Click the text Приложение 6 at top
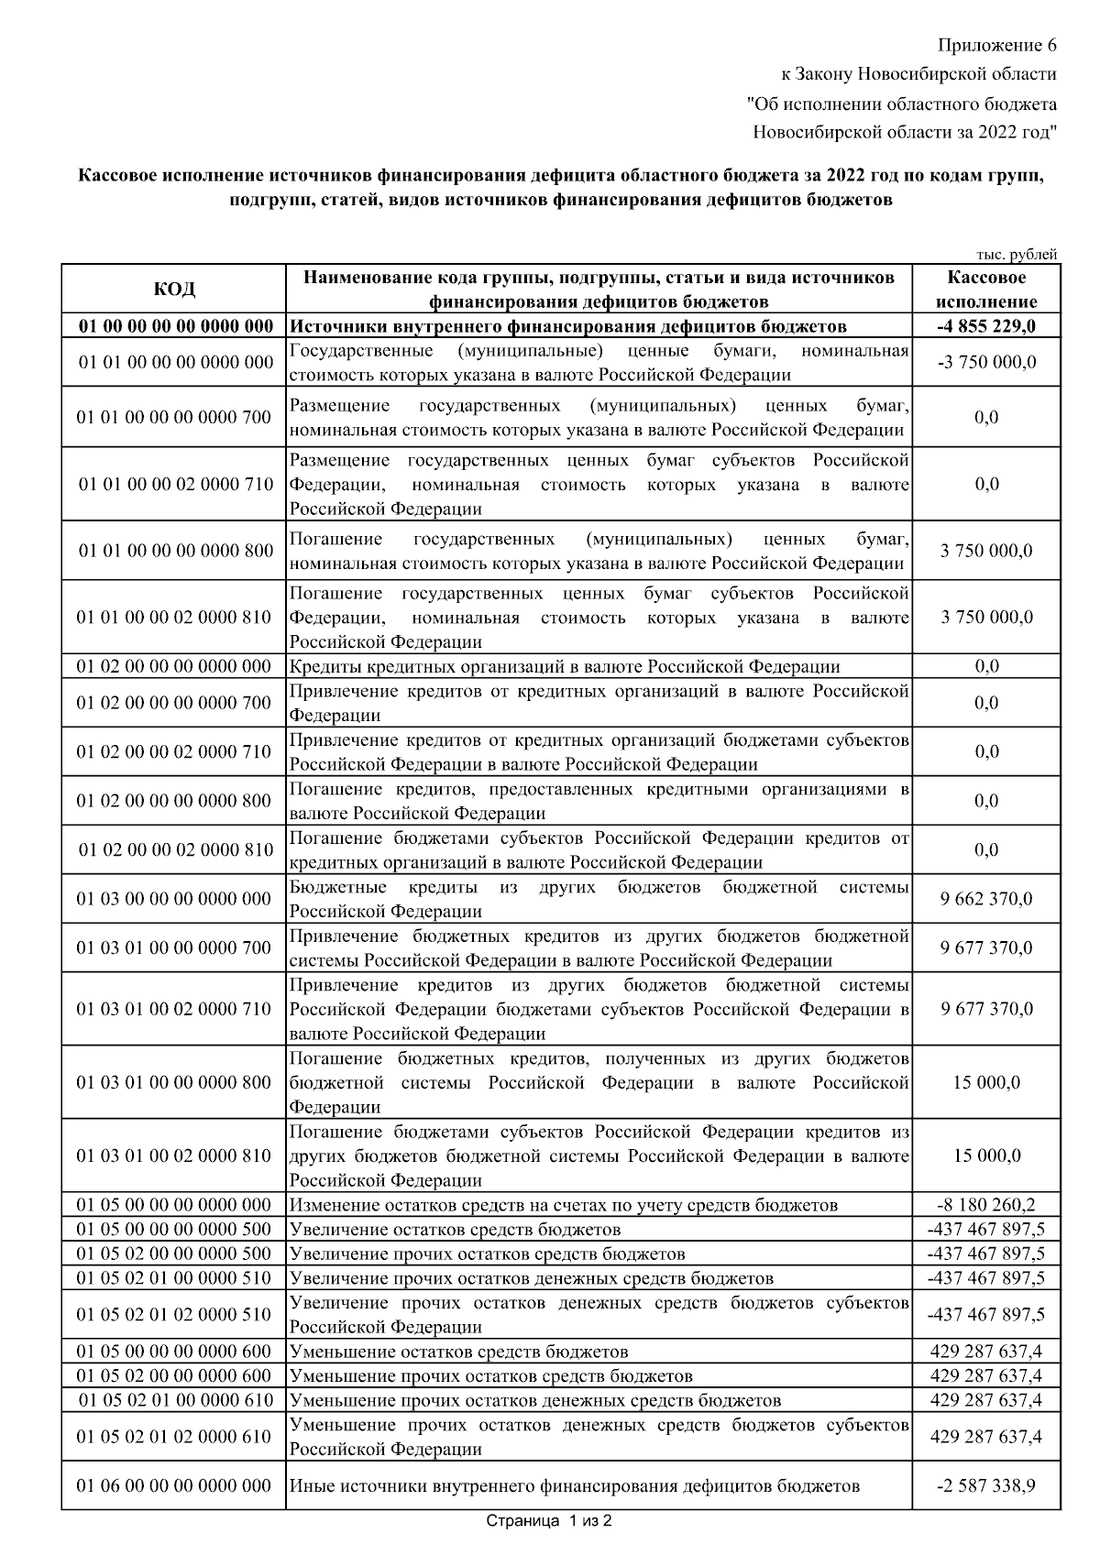point(996,45)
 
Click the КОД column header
point(174,289)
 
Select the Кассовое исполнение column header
point(985,289)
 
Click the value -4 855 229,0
point(985,326)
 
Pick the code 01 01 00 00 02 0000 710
point(175,484)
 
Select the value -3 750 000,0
point(985,362)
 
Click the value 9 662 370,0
point(985,899)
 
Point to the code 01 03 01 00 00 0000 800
point(175,1082)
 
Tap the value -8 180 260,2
point(985,1205)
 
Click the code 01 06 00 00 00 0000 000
point(175,1485)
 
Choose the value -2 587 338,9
point(985,1485)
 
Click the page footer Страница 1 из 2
point(548,1521)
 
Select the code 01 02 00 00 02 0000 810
point(175,850)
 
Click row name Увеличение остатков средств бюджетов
point(456,1230)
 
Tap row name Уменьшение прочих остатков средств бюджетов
point(491,1376)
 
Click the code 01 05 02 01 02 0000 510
point(175,1315)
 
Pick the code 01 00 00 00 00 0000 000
point(175,326)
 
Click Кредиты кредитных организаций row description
point(565,667)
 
